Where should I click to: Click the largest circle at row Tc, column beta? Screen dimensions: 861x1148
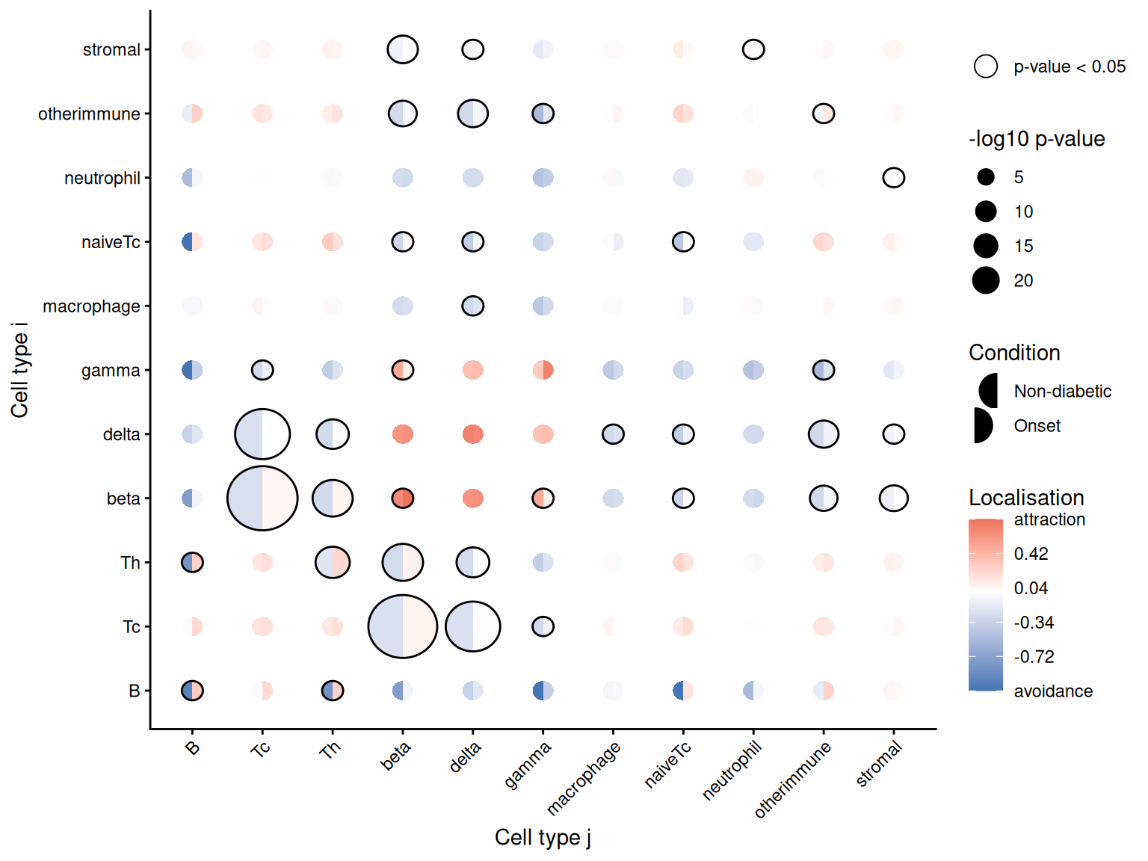pos(402,626)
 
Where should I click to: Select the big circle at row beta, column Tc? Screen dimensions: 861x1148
pos(262,499)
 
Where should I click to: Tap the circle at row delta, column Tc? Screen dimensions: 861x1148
pos(262,434)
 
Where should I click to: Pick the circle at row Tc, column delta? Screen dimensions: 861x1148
pos(472,626)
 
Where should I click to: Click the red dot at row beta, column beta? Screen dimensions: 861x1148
pos(402,499)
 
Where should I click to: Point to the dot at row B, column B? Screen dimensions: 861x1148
pos(192,691)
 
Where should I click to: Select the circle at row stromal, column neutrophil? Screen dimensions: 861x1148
pos(753,49)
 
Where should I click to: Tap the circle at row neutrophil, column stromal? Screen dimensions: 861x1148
pos(893,178)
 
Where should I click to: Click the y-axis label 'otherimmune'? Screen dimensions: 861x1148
pos(89,114)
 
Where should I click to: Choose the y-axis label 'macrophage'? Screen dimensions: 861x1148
pos(91,306)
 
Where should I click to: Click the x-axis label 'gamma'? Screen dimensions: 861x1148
pos(528,765)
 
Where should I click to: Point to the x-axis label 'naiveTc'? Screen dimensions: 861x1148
pos(667,765)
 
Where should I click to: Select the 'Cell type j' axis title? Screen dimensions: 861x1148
pos(543,838)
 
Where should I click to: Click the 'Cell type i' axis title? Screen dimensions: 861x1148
pos(19,370)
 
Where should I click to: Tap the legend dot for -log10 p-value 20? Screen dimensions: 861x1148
pos(986,280)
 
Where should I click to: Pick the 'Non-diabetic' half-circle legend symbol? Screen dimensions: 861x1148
pos(988,391)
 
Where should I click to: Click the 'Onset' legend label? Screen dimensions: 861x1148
pos(1037,426)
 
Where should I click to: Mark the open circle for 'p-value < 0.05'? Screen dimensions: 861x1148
pos(986,67)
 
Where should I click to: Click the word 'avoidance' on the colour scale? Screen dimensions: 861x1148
pos(1052,691)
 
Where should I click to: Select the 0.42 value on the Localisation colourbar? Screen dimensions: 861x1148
pos(1031,554)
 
